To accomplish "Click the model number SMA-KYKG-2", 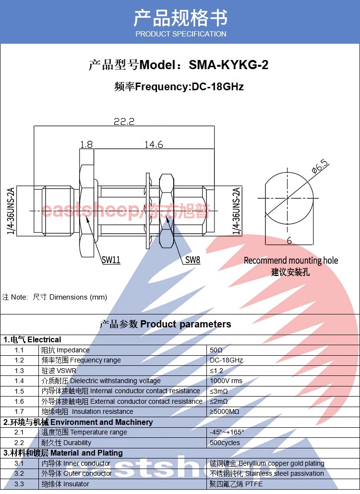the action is tap(228, 65).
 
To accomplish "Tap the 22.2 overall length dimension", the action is tap(124, 121).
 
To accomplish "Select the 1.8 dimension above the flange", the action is tap(86, 145).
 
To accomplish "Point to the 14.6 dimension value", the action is tap(154, 145).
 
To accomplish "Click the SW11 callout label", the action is tap(111, 260).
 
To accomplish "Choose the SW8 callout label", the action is tap(192, 260).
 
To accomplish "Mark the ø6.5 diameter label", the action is tap(320, 167).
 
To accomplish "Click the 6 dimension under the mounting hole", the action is tap(289, 241).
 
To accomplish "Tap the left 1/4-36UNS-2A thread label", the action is tap(11, 211).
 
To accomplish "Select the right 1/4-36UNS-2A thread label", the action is tap(236, 211).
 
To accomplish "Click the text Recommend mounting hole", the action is tap(291, 261).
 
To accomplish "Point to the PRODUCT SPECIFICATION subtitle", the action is tap(181, 34).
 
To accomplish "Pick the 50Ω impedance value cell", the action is tap(216, 350).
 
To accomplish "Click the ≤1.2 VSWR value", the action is tap(216, 371).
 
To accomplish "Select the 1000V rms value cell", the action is tap(226, 381).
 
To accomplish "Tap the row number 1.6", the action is tap(19, 401).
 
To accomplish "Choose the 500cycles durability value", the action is tap(225, 443).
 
